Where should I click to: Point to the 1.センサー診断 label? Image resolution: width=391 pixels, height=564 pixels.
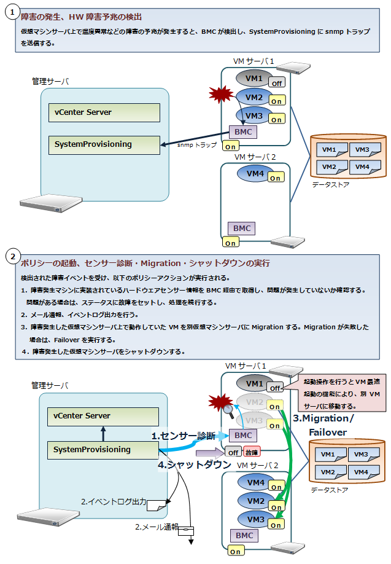[183, 436]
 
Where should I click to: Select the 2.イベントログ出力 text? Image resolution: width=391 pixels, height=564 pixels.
[114, 502]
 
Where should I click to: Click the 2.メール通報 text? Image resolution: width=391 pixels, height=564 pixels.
[157, 527]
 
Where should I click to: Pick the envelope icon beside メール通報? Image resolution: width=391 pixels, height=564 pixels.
[185, 530]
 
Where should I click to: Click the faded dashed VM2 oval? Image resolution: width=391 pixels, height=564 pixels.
[254, 402]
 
